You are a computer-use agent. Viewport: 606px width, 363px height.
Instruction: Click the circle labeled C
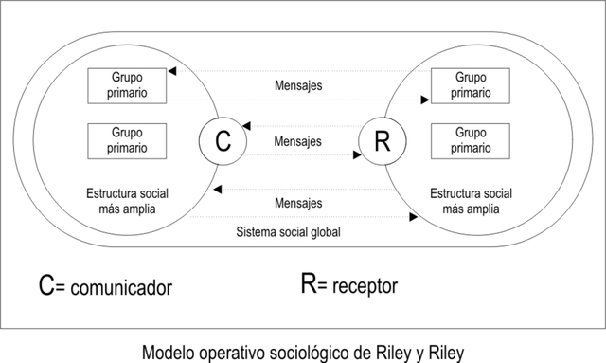[x=223, y=141]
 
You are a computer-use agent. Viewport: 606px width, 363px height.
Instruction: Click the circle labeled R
[x=383, y=141]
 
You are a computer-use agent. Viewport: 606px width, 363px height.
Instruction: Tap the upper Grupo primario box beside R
[x=471, y=85]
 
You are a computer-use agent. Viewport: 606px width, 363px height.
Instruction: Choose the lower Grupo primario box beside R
[x=471, y=141]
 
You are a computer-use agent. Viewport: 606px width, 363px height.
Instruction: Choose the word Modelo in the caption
[x=166, y=352]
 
